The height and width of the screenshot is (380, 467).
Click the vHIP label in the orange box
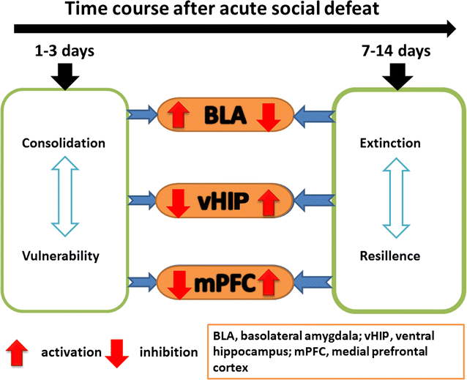(226, 198)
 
